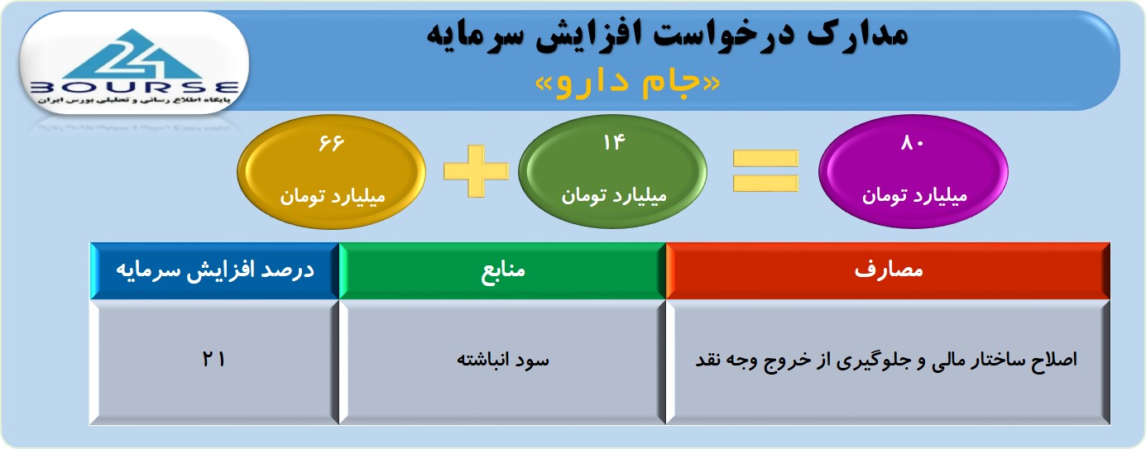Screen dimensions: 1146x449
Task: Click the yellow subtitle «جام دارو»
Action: point(627,83)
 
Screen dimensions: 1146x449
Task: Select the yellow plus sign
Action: point(476,171)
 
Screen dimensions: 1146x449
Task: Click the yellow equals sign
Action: point(765,171)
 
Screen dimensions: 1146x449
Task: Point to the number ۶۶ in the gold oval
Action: point(331,143)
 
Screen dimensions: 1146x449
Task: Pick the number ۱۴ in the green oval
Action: point(613,142)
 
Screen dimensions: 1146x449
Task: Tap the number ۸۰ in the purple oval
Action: point(912,143)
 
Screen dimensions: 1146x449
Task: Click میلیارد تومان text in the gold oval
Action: point(332,196)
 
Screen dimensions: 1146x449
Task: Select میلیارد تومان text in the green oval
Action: point(614,195)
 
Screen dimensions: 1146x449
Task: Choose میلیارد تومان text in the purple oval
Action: point(914,196)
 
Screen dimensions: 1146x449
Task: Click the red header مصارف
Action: point(888,270)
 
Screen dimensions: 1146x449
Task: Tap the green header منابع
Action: point(502,270)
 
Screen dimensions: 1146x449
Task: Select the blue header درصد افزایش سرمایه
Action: point(215,270)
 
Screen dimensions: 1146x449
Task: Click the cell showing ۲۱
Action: point(215,362)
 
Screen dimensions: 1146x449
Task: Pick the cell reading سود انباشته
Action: point(502,362)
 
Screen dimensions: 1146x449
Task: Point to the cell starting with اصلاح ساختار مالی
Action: point(888,362)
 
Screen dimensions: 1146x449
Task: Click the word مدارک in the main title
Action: point(857,35)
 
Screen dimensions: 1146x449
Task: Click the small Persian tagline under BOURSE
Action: point(134,99)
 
